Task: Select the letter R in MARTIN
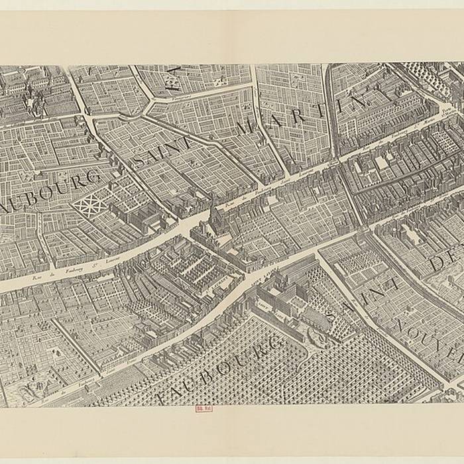tap(297, 117)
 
